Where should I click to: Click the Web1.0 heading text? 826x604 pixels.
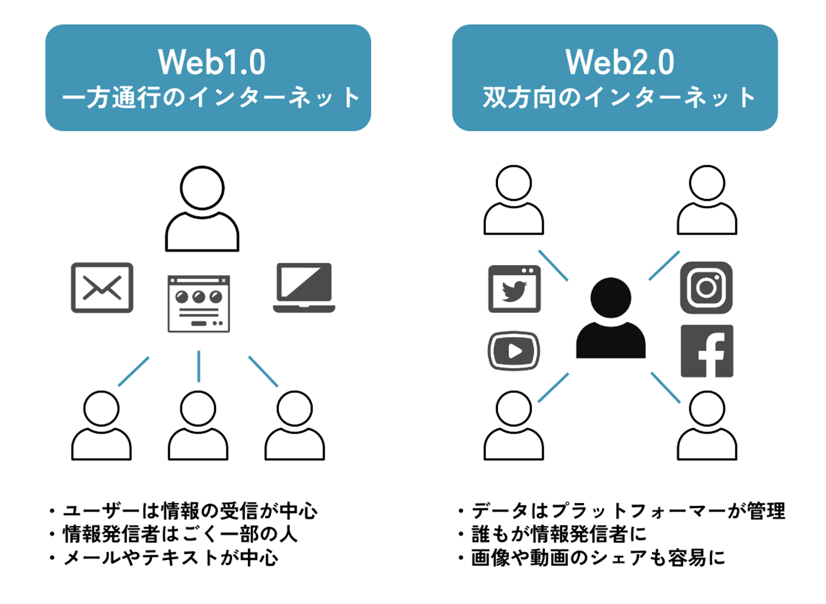[x=212, y=62]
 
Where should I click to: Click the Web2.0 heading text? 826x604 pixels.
[x=619, y=62]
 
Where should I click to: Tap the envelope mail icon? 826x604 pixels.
[x=102, y=287]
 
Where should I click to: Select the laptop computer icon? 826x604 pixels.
[x=304, y=287]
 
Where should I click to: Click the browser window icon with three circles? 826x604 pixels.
[x=198, y=304]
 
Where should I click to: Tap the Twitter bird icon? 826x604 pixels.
[x=514, y=289]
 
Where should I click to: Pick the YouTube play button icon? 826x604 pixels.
[x=514, y=350]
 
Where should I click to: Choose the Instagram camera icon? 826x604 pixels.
[x=706, y=287]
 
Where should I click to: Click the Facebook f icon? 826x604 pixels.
[x=707, y=351]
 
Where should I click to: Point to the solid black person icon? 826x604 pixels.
[x=610, y=319]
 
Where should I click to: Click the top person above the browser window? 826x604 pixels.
[x=202, y=209]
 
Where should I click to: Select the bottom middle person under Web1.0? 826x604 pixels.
[x=198, y=426]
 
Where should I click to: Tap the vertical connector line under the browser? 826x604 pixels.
[x=198, y=366]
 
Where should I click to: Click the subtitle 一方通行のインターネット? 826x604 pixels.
[x=211, y=98]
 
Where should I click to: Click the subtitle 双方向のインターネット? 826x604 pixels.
[x=619, y=98]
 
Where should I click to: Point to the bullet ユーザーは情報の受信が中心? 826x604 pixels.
[x=190, y=511]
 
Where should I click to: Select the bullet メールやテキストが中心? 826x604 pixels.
[x=171, y=558]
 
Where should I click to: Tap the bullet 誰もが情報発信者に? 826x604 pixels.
[x=559, y=534]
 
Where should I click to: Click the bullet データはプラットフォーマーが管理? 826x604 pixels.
[x=628, y=511]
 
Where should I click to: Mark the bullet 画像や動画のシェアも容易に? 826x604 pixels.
[x=598, y=558]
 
